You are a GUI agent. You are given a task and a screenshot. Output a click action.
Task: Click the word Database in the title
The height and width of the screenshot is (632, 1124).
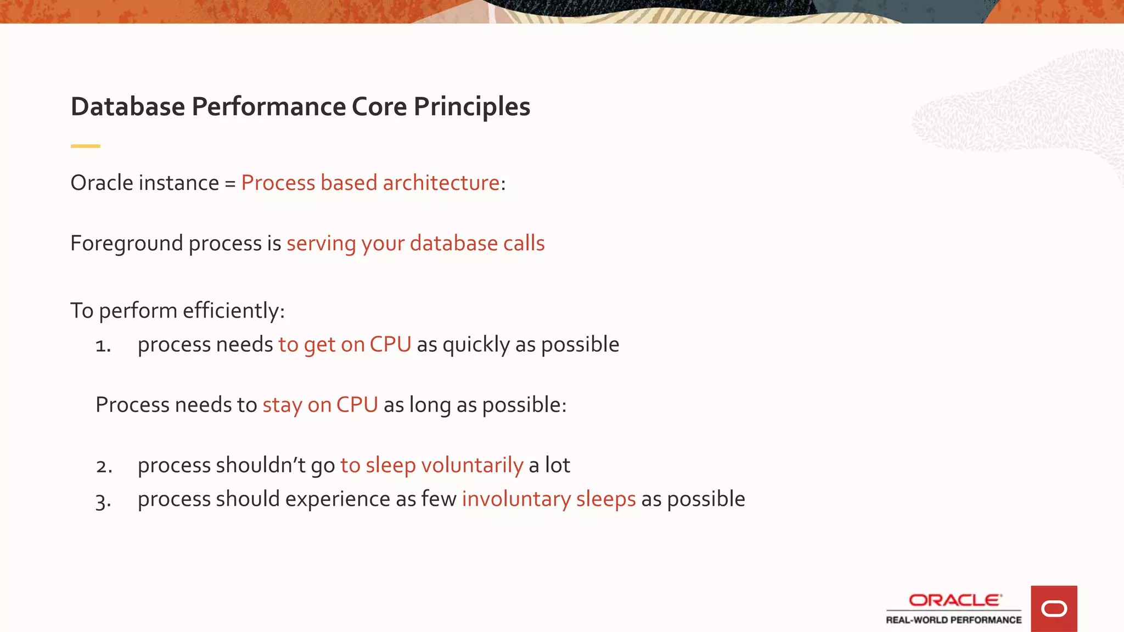click(128, 106)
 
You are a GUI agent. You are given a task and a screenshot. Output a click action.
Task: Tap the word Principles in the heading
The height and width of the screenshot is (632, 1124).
click(471, 106)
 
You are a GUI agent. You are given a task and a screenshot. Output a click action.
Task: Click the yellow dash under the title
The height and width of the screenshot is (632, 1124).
click(86, 146)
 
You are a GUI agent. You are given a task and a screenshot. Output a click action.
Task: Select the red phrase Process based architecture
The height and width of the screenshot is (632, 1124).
click(370, 183)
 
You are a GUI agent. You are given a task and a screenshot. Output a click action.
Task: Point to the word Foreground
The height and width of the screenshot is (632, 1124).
click(126, 243)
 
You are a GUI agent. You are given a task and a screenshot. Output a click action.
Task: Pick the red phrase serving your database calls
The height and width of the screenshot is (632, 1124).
click(415, 243)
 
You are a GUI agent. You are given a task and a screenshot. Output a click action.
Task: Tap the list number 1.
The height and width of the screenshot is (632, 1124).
click(103, 346)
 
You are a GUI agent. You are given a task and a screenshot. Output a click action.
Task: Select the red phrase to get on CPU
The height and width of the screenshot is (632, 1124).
click(345, 345)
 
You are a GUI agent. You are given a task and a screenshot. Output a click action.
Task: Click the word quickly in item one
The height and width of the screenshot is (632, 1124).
click(476, 345)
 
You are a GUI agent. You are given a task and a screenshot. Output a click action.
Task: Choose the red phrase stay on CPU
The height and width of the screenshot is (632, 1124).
click(320, 405)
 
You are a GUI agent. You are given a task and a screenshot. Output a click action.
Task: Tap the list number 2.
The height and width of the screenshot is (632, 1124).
click(104, 466)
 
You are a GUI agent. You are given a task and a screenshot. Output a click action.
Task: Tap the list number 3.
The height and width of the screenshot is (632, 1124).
click(103, 501)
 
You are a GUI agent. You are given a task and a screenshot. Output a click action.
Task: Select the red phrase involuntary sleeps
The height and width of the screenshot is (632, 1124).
click(549, 499)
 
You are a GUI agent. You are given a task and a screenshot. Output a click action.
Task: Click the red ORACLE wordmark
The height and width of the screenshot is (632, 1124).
click(954, 600)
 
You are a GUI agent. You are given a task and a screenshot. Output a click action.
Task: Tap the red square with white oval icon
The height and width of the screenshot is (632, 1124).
click(1054, 608)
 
